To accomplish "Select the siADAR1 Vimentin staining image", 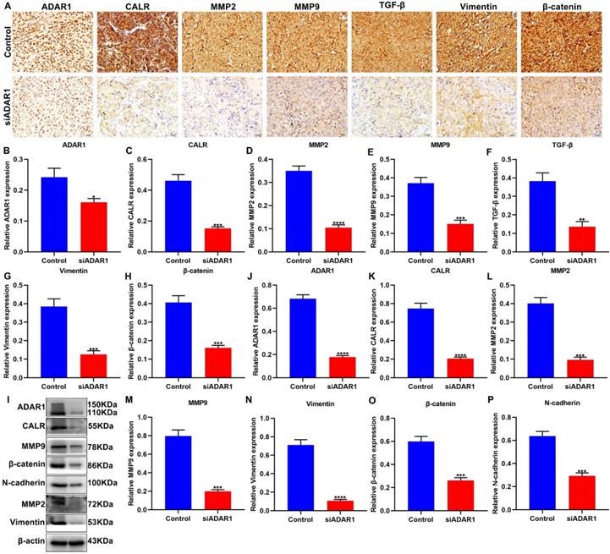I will click(470, 107).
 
